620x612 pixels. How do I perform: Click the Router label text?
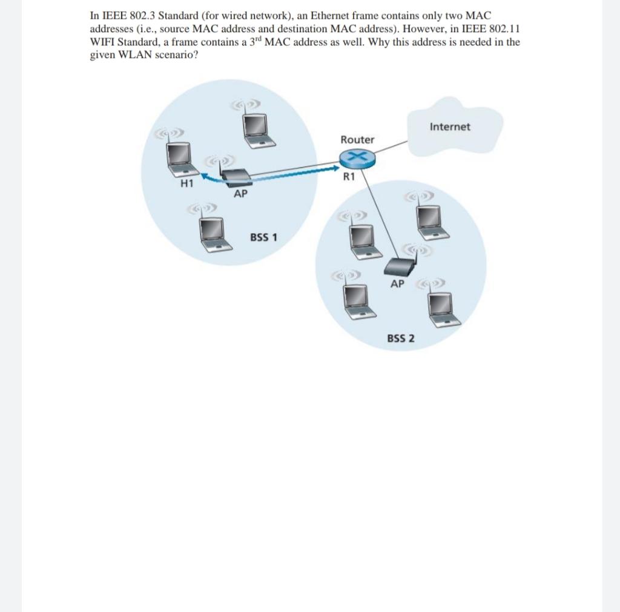pyautogui.click(x=357, y=139)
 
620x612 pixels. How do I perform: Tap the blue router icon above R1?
pyautogui.click(x=357, y=158)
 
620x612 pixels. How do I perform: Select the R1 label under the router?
pyautogui.click(x=348, y=177)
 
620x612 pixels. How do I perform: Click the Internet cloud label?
pyautogui.click(x=450, y=127)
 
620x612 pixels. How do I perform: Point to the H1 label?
pyautogui.click(x=186, y=183)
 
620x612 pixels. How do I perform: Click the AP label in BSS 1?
pyautogui.click(x=240, y=194)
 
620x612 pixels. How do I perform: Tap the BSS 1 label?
pyautogui.click(x=263, y=237)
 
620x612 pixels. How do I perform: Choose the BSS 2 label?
pyautogui.click(x=401, y=337)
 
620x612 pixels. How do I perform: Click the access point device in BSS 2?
pyautogui.click(x=400, y=266)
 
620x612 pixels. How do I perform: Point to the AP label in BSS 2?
pyautogui.click(x=397, y=284)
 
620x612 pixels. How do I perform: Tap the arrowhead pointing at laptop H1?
pyautogui.click(x=205, y=177)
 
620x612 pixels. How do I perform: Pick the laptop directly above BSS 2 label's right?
pyautogui.click(x=443, y=308)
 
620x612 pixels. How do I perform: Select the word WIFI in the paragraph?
pyautogui.click(x=104, y=42)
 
